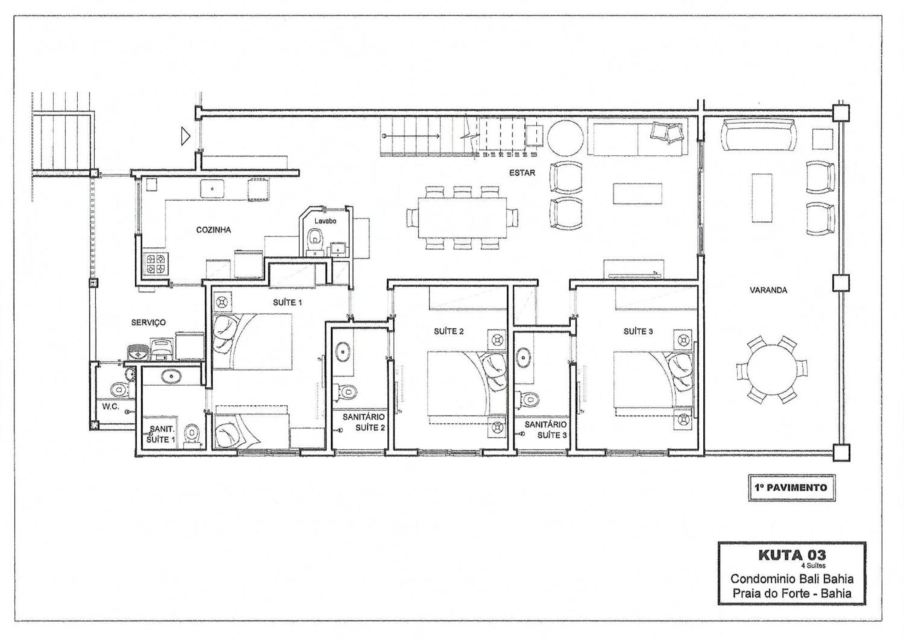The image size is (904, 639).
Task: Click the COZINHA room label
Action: tap(213, 230)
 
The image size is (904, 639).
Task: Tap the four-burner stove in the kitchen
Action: tap(155, 263)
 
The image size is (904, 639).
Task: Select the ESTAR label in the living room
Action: tap(522, 173)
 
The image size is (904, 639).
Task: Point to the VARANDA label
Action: tap(768, 291)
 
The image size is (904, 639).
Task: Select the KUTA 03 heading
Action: tap(792, 555)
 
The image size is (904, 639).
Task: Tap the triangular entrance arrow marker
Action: tap(186, 136)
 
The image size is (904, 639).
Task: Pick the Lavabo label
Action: tap(325, 221)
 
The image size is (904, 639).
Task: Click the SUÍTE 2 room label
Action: tap(449, 331)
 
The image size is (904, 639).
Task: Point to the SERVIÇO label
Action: tap(148, 322)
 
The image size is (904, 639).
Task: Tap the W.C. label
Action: tap(111, 406)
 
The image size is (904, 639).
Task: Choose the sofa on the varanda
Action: tap(758, 135)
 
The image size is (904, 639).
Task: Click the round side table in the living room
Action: tap(566, 139)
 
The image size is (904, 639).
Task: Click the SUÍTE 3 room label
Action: tap(638, 331)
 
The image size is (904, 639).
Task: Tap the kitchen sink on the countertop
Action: tap(212, 189)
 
